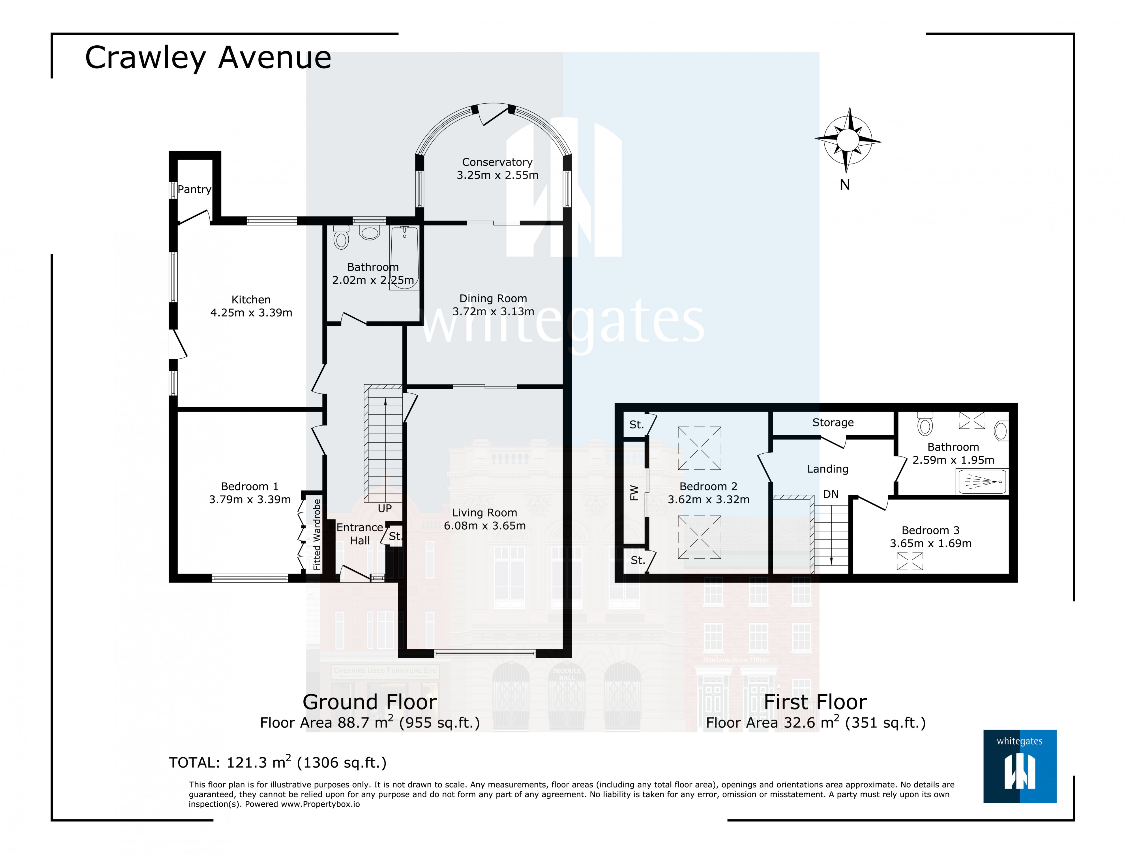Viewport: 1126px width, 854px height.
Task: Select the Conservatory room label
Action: [x=497, y=162]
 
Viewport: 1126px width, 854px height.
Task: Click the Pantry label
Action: [x=194, y=190]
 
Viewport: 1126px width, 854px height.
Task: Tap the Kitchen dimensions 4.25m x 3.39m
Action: [x=252, y=313]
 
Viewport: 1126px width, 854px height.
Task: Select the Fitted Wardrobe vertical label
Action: [x=317, y=534]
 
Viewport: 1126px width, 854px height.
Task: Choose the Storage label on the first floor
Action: [x=833, y=422]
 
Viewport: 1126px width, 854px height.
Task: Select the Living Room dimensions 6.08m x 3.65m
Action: [x=484, y=526]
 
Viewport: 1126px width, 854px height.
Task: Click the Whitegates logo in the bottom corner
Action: [x=1020, y=767]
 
